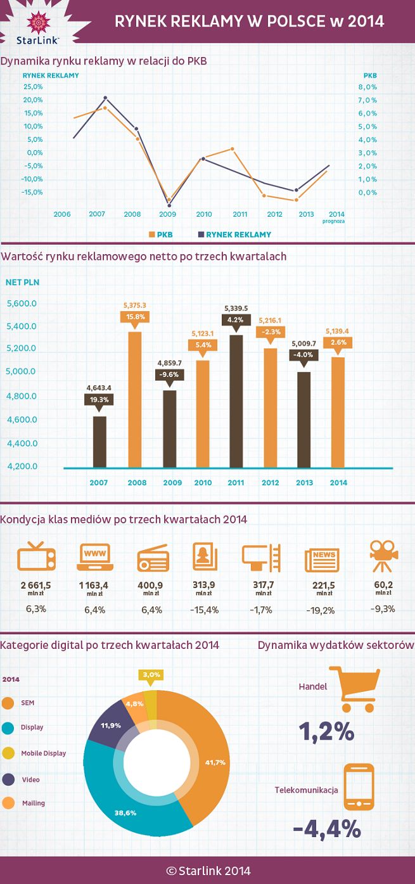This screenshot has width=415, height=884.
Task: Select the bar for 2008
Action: [x=134, y=399]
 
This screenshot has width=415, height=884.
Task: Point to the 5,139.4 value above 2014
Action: [x=336, y=330]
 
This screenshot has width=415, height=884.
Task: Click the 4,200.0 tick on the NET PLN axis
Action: [x=22, y=466]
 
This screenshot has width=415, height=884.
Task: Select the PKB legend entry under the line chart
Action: [x=160, y=234]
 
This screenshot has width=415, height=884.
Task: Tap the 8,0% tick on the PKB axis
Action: [x=367, y=87]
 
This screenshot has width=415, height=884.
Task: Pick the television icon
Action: [x=36, y=558]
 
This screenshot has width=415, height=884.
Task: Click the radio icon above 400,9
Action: [x=153, y=558]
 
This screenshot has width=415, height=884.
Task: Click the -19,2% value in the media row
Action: [x=322, y=610]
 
